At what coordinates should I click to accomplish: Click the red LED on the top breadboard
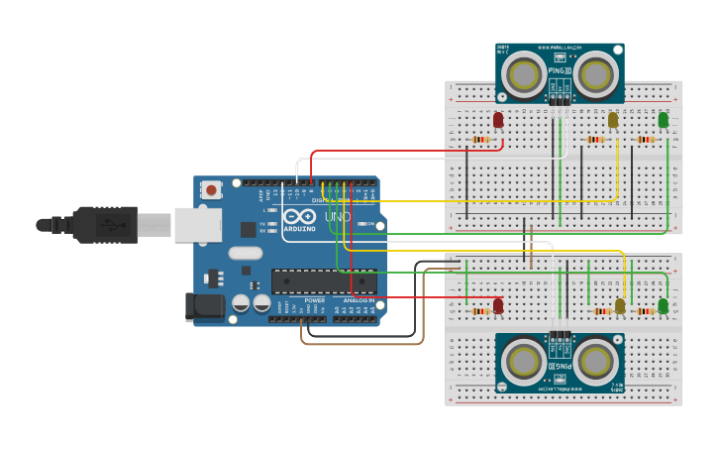(x=498, y=120)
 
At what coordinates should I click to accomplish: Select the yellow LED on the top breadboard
(x=613, y=120)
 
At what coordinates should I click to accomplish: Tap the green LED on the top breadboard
(x=664, y=120)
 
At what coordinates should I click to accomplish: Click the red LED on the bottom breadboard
(x=498, y=305)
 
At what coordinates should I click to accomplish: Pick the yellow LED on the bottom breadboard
(x=621, y=306)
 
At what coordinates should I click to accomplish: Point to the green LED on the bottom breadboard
(x=664, y=305)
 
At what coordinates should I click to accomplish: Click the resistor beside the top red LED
(x=481, y=140)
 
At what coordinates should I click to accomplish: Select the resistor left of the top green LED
(x=647, y=140)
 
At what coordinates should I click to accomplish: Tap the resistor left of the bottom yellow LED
(x=601, y=311)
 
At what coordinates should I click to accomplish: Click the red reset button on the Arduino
(x=211, y=189)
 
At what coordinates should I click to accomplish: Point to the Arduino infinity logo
(x=299, y=218)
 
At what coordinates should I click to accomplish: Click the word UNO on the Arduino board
(x=338, y=217)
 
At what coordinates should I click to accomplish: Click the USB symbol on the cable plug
(x=108, y=225)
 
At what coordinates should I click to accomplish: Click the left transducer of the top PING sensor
(x=522, y=73)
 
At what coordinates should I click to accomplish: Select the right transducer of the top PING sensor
(x=597, y=73)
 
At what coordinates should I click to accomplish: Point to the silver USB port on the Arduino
(x=198, y=224)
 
